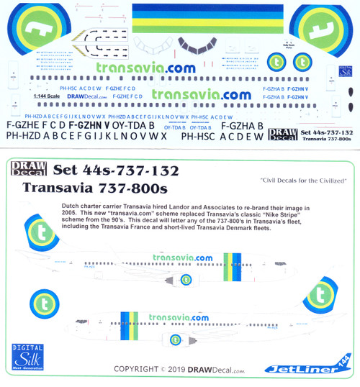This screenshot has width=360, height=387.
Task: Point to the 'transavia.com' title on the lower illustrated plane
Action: tap(180, 317)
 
